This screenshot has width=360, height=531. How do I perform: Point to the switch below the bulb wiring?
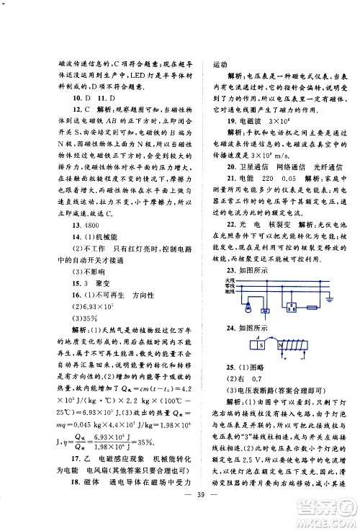click(x=266, y=311)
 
